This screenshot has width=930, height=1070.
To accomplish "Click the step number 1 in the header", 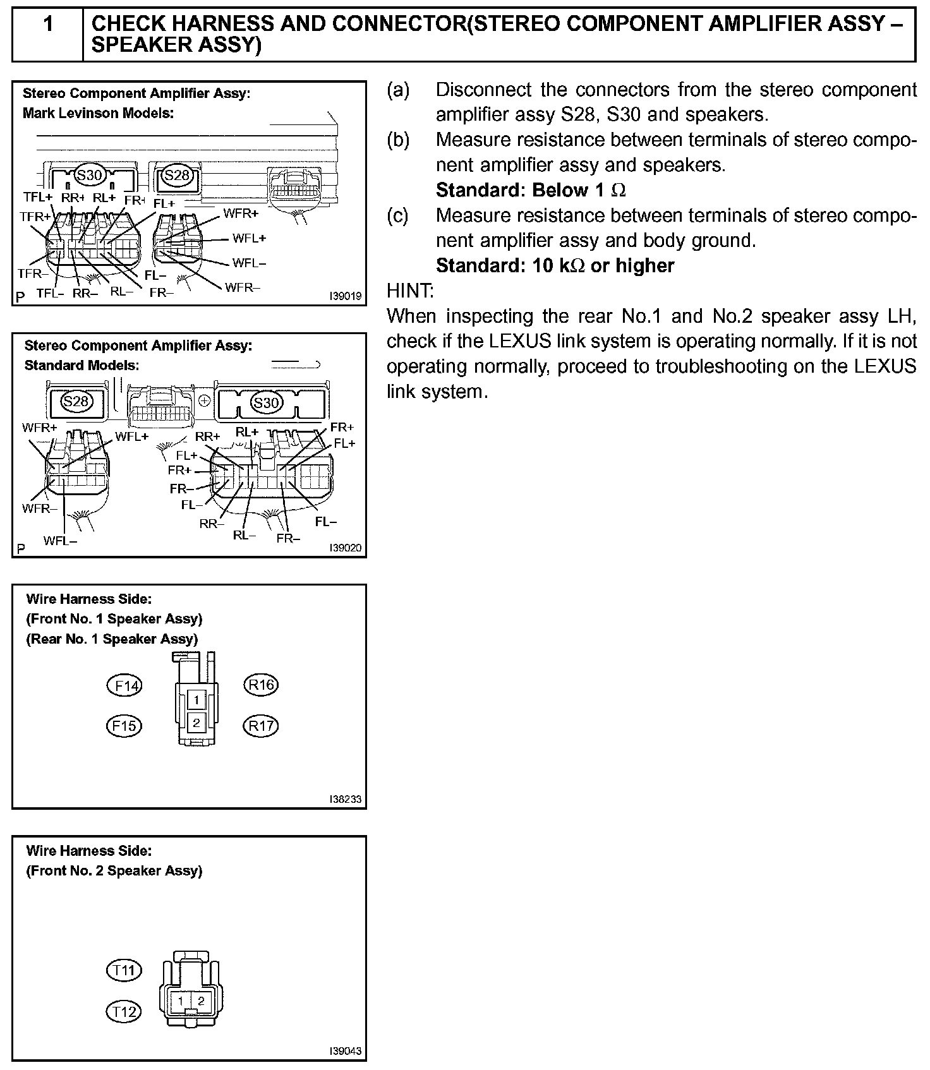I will (48, 25).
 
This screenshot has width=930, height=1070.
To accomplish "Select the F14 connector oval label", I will (125, 685).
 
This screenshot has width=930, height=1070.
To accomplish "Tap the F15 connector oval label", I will (124, 726).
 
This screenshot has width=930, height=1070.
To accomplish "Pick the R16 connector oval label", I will (261, 685).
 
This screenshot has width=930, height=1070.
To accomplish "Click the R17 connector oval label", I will (261, 726).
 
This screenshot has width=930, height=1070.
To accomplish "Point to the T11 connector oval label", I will (124, 970).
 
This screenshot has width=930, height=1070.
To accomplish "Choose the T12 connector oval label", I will (124, 1012).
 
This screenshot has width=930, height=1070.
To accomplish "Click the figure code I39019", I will (345, 296).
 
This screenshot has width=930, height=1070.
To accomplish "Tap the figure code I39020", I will (345, 548).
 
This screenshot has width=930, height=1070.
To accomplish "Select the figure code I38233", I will (345, 800).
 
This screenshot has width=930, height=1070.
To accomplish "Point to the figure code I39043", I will (345, 1051).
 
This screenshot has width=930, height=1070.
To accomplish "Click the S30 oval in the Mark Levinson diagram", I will (89, 175).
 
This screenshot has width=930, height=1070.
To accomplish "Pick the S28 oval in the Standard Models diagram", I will (76, 401).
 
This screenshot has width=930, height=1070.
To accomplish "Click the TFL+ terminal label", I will (38, 197).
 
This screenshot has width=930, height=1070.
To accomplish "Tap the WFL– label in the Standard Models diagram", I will (61, 541).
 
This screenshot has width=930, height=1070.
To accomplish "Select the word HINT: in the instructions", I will (410, 291).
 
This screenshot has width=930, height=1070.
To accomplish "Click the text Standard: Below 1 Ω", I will (531, 190).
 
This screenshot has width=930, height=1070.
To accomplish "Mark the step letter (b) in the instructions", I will (398, 140).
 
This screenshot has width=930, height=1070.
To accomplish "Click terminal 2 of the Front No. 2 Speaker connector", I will (202, 1001).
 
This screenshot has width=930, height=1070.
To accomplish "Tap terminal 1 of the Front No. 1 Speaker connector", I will (197, 700).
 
